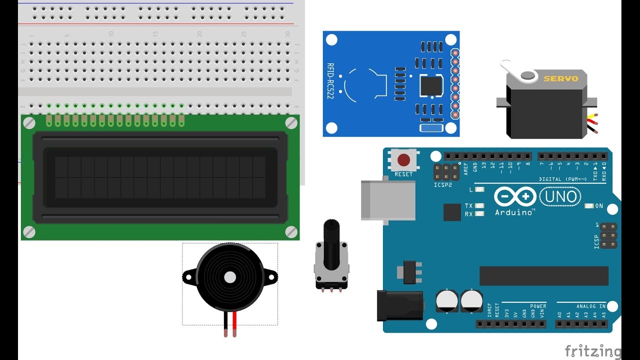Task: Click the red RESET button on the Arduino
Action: [x=403, y=160]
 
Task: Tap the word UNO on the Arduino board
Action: [x=560, y=196]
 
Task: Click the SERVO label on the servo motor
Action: [x=560, y=78]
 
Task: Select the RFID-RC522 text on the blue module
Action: [x=330, y=80]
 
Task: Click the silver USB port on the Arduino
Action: [x=388, y=200]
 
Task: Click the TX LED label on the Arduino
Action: [x=468, y=206]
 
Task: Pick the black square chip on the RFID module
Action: [x=431, y=85]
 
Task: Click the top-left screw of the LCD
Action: [x=29, y=123]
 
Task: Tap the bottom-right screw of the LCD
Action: [x=291, y=231]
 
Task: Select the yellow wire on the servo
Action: [x=592, y=120]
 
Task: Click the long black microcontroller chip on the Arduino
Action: [x=543, y=275]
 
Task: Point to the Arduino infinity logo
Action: [x=515, y=196]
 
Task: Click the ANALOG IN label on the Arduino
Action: [x=590, y=306]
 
